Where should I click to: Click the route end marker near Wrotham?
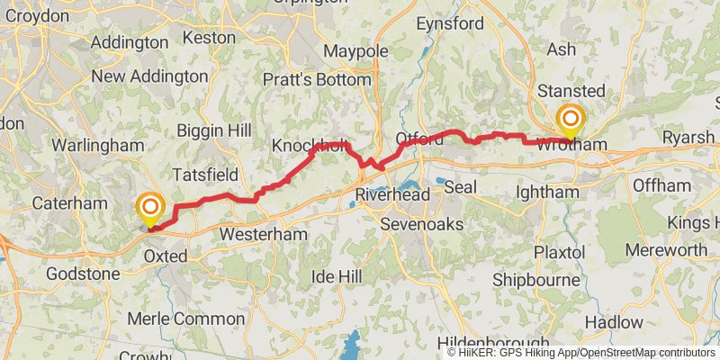point(571,121)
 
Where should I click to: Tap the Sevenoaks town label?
point(421,223)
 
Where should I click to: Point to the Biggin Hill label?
point(213,130)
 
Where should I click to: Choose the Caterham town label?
point(69,203)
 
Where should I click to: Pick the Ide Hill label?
point(337,275)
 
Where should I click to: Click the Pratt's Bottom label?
point(317,80)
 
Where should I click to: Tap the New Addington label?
point(149,76)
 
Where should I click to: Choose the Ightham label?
point(547,193)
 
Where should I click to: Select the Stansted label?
point(571,91)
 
